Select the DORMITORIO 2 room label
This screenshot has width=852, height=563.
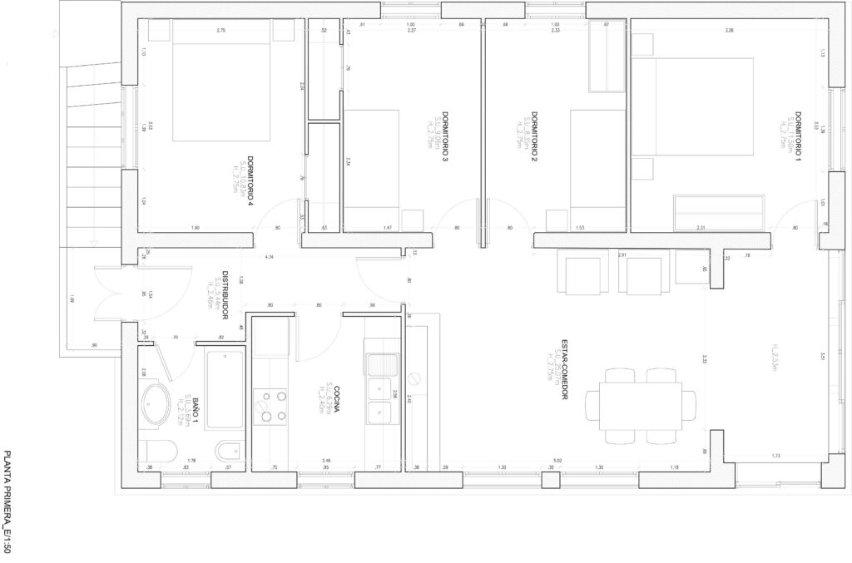(534, 133)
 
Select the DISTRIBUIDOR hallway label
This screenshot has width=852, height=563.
(225, 295)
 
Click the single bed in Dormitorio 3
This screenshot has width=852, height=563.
(370, 170)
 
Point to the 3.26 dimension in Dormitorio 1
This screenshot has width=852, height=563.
(730, 31)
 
